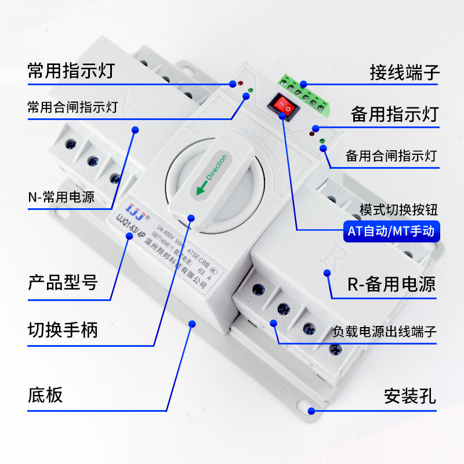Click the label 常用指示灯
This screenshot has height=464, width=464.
pyautogui.click(x=71, y=71)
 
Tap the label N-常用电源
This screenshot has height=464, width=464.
pyautogui.click(x=61, y=197)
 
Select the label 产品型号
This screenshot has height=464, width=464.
pyautogui.click(x=63, y=284)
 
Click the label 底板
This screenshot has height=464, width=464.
pyautogui.click(x=45, y=395)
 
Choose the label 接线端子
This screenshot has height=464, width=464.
pyautogui.click(x=405, y=73)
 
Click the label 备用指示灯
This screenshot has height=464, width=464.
pyautogui.click(x=394, y=114)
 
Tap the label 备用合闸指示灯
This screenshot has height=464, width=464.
pyautogui.click(x=391, y=156)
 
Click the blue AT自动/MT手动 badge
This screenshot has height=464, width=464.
pyautogui.click(x=390, y=231)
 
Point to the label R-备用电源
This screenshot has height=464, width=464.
pyautogui.click(x=391, y=284)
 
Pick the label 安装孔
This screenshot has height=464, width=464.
pyautogui.click(x=409, y=397)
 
